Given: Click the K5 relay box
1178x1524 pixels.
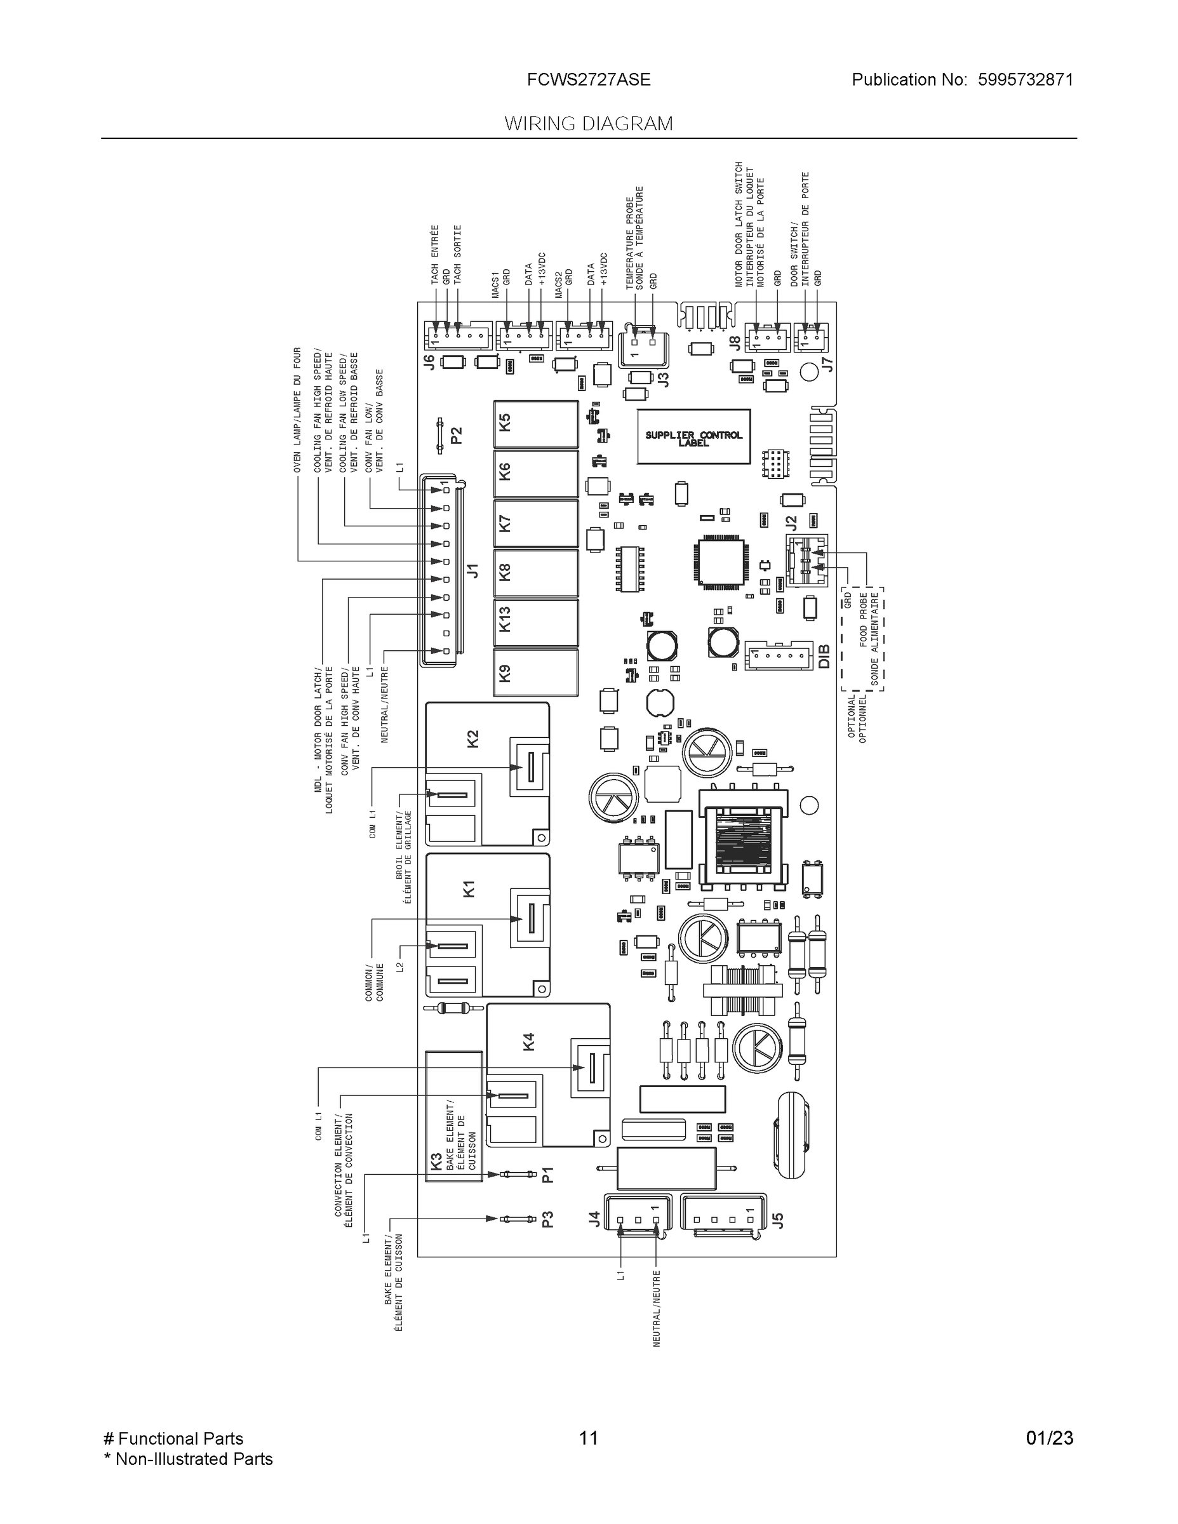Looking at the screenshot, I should point(536,424).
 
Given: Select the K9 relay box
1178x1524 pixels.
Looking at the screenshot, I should point(536,672).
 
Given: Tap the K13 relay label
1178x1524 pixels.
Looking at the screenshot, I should point(505,619).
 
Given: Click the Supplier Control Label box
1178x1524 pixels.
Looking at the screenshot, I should point(693,438).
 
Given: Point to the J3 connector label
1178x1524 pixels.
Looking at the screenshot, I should point(664,380).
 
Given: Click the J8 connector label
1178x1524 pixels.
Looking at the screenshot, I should point(735,343).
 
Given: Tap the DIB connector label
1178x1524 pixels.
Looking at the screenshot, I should point(824,657).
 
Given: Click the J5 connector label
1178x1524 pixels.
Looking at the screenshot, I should point(779,1220).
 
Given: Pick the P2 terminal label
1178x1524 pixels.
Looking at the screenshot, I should point(457,436).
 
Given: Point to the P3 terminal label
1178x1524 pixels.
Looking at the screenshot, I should point(548,1219).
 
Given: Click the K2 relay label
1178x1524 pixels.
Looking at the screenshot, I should point(472,739).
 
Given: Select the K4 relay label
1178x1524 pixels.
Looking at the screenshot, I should point(528,1042).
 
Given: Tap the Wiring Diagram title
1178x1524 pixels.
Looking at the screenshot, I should point(588,124).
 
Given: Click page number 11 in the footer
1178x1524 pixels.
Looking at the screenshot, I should point(588,1438).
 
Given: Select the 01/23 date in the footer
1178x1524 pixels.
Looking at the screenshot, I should point(1049,1438).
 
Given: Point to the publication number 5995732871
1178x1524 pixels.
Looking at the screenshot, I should point(1025,79).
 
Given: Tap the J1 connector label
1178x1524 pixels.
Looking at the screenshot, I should point(473,570).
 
